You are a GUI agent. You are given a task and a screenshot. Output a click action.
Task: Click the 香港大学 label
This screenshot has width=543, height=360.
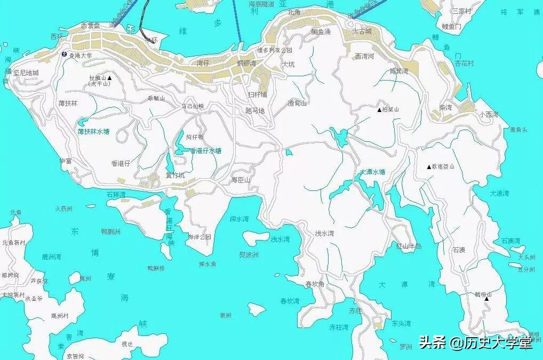80,55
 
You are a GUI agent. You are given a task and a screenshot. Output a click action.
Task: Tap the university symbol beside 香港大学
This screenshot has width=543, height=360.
64,54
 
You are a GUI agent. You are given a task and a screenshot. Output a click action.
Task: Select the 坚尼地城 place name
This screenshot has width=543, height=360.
26,73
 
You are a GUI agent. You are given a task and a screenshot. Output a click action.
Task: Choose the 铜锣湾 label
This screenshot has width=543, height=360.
247,63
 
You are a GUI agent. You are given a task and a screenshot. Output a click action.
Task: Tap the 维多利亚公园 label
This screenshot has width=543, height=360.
275,50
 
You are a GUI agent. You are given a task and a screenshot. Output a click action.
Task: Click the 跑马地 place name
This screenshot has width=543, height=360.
255,111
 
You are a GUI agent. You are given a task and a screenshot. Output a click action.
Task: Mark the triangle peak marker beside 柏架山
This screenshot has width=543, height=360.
379,110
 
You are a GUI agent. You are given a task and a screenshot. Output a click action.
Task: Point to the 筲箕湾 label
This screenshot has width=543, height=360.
398,71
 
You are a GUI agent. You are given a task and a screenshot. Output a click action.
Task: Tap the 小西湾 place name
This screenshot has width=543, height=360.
488,115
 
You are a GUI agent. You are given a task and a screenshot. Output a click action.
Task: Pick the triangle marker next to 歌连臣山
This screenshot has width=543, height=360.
428,167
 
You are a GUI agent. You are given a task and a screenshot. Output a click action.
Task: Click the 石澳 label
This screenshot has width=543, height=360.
459,250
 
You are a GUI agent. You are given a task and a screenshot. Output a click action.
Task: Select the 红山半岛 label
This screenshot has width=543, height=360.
409,246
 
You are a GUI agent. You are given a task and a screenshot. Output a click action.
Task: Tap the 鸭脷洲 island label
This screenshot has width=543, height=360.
110,231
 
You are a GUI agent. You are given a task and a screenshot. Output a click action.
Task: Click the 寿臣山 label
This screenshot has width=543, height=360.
241,180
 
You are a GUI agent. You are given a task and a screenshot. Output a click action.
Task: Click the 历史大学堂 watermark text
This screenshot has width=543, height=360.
498,342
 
